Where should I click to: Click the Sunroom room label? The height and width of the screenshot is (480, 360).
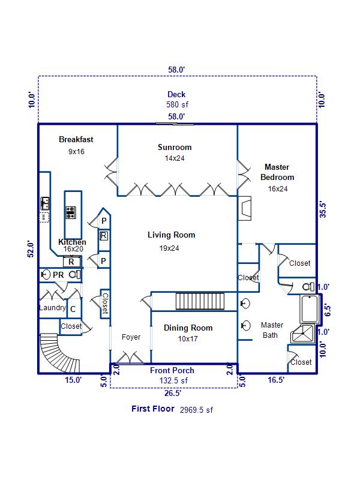pos(175,148)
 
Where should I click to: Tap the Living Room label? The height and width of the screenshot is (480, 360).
pos(172,235)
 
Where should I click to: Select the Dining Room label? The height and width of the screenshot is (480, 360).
pos(188,328)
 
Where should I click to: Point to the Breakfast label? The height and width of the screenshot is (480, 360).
pos(76,140)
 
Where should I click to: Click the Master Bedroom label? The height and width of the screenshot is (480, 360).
pos(277,172)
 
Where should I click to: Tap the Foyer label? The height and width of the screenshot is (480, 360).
pos(131,337)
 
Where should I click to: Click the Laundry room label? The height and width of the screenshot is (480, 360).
pos(52,308)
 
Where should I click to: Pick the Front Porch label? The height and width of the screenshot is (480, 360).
pos(172,370)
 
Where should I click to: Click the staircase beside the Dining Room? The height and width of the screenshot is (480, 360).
pos(199,301)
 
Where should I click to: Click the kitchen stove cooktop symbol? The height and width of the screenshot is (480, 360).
pos(71,212)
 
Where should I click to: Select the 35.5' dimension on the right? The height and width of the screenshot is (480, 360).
pos(323,210)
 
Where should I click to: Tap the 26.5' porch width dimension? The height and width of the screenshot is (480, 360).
pos(172,394)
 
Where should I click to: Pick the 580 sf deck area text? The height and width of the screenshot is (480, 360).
pos(176,104)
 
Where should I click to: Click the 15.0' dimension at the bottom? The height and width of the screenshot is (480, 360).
pos(73,380)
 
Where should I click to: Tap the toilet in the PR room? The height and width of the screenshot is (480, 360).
pos(46,275)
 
